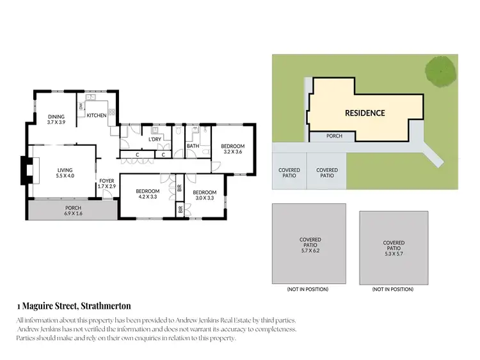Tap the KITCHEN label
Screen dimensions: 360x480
(97, 116)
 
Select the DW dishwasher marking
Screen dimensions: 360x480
(81, 106)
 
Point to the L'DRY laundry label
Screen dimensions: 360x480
(154, 139)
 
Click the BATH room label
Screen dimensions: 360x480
(193, 146)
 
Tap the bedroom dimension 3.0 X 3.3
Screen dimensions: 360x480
(204, 199)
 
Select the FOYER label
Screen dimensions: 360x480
(107, 181)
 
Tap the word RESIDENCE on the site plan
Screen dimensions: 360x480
(365, 113)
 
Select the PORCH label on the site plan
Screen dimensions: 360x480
(334, 136)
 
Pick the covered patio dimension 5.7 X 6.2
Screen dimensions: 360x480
(310, 251)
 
